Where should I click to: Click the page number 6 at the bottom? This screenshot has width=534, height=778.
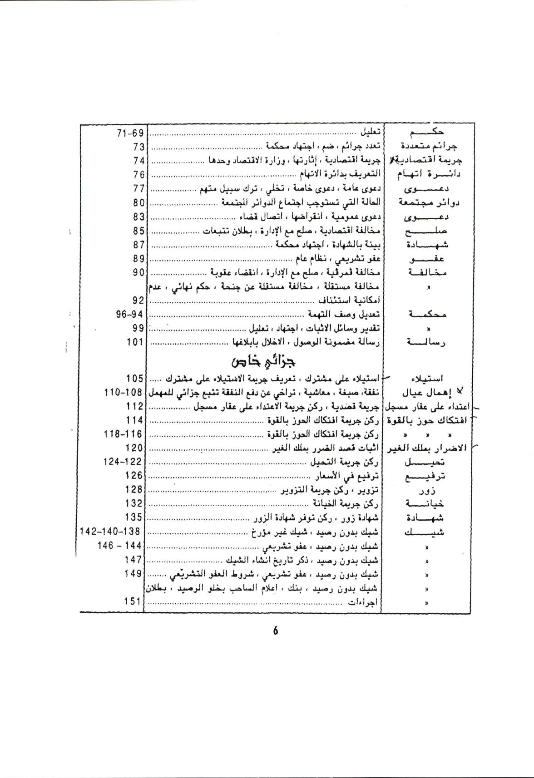[x=275, y=631]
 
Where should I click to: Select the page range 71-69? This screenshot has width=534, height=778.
[x=130, y=133]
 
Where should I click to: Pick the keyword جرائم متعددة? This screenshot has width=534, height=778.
[x=429, y=146]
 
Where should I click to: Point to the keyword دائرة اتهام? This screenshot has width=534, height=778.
[x=429, y=174]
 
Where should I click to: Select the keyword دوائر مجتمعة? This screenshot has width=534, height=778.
[x=429, y=202]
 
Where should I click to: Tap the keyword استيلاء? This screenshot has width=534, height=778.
[x=427, y=379]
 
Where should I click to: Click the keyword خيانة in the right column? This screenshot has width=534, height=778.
[x=426, y=504]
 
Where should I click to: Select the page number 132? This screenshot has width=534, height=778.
[x=134, y=503]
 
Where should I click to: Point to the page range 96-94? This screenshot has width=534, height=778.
[x=130, y=314]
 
